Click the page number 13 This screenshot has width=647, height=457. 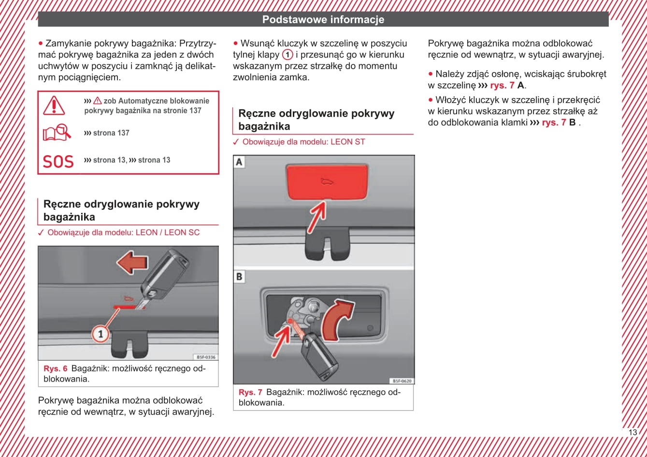pos(633,432)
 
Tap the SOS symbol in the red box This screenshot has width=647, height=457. pos(58,162)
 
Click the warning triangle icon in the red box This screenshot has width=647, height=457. pos(54,105)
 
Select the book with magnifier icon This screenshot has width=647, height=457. pos(57,133)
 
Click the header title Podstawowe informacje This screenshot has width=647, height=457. pos(323,19)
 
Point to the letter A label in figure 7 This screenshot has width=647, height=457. pos(239,162)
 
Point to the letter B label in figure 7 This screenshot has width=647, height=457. pos(239,277)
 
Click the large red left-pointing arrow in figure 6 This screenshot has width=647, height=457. pos(132,264)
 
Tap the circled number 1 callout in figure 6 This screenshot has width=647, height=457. pos(101,334)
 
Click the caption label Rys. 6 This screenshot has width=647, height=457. pos(56,369)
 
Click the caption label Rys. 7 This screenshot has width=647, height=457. pos(250,392)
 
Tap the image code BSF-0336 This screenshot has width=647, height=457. pos(206,357)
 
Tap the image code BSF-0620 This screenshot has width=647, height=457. pos(402,381)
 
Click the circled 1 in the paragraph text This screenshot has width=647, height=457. pos(288,55)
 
